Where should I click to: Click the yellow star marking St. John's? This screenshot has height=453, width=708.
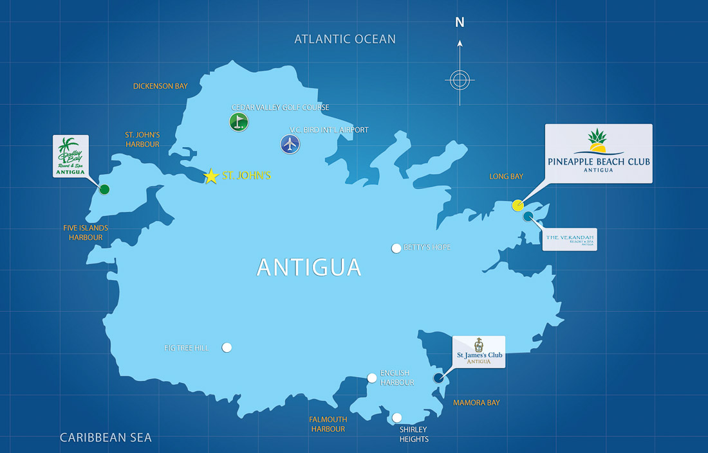click(211, 176)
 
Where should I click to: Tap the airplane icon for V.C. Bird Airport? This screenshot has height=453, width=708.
click(291, 144)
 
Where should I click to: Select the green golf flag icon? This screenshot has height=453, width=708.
click(239, 121)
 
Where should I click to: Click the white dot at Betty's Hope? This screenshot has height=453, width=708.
click(396, 248)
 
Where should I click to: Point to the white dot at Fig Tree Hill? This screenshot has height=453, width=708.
click(227, 348)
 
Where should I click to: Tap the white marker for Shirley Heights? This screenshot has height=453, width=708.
click(397, 418)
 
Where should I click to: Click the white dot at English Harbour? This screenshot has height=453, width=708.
click(372, 378)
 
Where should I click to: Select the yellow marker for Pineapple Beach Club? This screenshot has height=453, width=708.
click(517, 206)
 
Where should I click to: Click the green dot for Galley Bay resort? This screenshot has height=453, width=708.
click(104, 189)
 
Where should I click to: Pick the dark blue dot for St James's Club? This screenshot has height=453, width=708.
click(439, 378)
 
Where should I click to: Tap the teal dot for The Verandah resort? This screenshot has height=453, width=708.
click(528, 217)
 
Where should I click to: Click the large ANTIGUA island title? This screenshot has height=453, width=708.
click(309, 267)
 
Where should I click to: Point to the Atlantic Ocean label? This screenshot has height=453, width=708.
click(345, 39)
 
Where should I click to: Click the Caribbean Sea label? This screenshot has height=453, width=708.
click(106, 438)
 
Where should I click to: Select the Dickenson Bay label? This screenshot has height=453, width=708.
click(160, 86)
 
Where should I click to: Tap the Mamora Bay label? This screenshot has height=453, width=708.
click(476, 403)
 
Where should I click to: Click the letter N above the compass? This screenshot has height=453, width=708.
click(460, 22)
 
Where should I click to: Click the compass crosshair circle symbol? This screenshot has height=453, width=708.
click(460, 80)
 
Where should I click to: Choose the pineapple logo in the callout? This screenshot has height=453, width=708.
click(598, 141)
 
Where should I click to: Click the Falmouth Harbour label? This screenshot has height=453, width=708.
click(328, 424)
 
